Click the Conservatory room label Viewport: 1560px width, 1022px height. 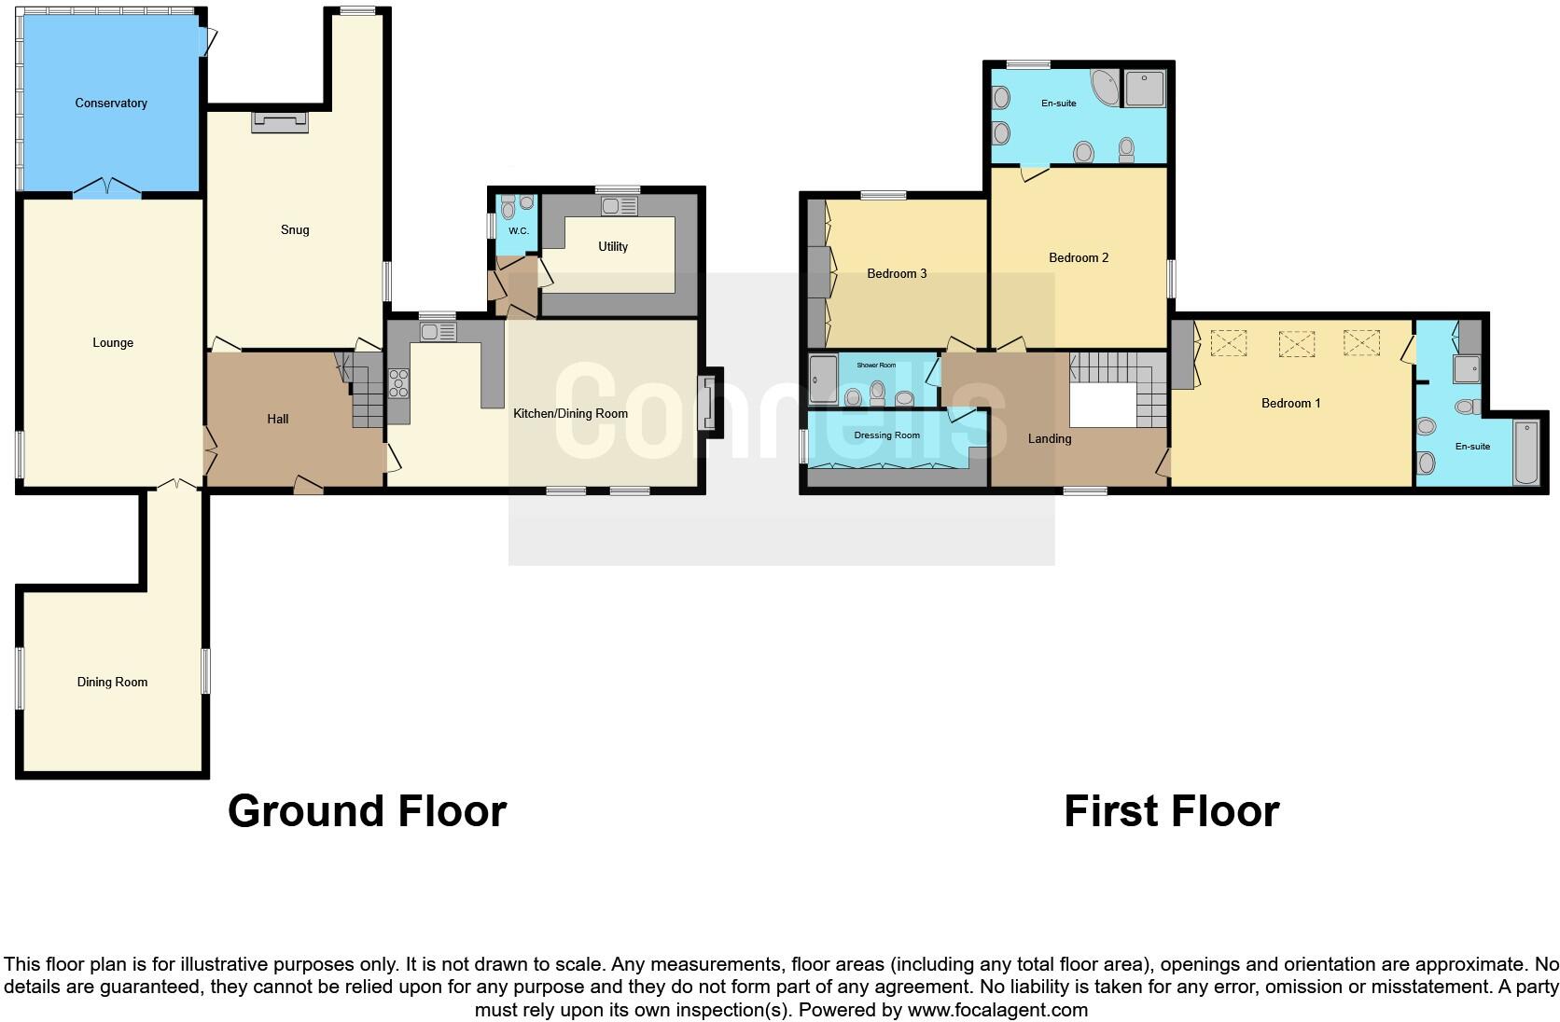tap(111, 104)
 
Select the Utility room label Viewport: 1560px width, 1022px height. tap(613, 246)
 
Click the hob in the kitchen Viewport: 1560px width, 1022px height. tap(398, 384)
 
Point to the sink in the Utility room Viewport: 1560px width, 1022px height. tap(619, 206)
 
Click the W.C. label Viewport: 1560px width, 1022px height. tap(518, 230)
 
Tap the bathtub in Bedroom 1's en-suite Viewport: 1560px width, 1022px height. tap(1526, 452)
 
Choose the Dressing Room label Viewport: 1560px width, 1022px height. tap(886, 435)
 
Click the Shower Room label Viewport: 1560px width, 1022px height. tap(875, 366)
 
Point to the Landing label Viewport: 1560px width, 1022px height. tap(1050, 438)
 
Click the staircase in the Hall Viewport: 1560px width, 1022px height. tap(366, 396)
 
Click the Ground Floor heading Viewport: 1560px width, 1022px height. tap(367, 811)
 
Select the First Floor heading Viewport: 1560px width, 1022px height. tap(1171, 811)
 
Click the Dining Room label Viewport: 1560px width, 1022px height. tap(112, 682)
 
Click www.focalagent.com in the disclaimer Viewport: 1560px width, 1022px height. tap(997, 1009)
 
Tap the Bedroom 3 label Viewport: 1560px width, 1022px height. tap(897, 273)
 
